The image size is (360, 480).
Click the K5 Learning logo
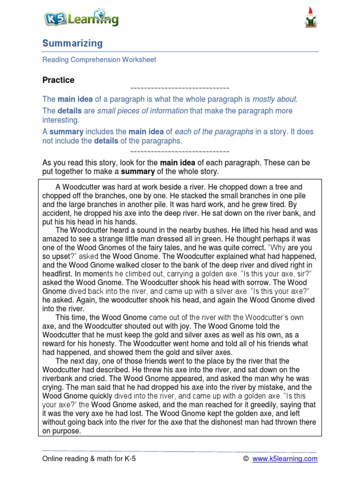81,19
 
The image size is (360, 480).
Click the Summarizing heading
72,44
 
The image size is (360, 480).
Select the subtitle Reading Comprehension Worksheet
99,60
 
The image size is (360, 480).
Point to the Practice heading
58,80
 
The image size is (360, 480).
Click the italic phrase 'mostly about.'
275,99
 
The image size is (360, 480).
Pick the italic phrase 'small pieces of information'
142,111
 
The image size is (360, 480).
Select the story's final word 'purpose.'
67,431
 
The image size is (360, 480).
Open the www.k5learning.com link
285,459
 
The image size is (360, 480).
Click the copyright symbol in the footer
246,459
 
